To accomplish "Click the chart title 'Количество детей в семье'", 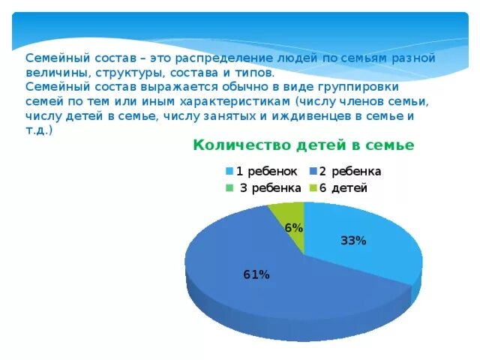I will tap(303, 145).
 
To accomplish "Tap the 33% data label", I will tap(353, 241).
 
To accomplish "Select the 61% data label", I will tap(256, 274).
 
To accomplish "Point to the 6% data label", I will tap(293, 228).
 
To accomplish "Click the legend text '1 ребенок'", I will tap(267, 171).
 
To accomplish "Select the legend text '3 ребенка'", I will tap(270, 188).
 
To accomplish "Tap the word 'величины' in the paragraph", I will tap(58, 73).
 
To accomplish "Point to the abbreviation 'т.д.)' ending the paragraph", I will tap(39, 130).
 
